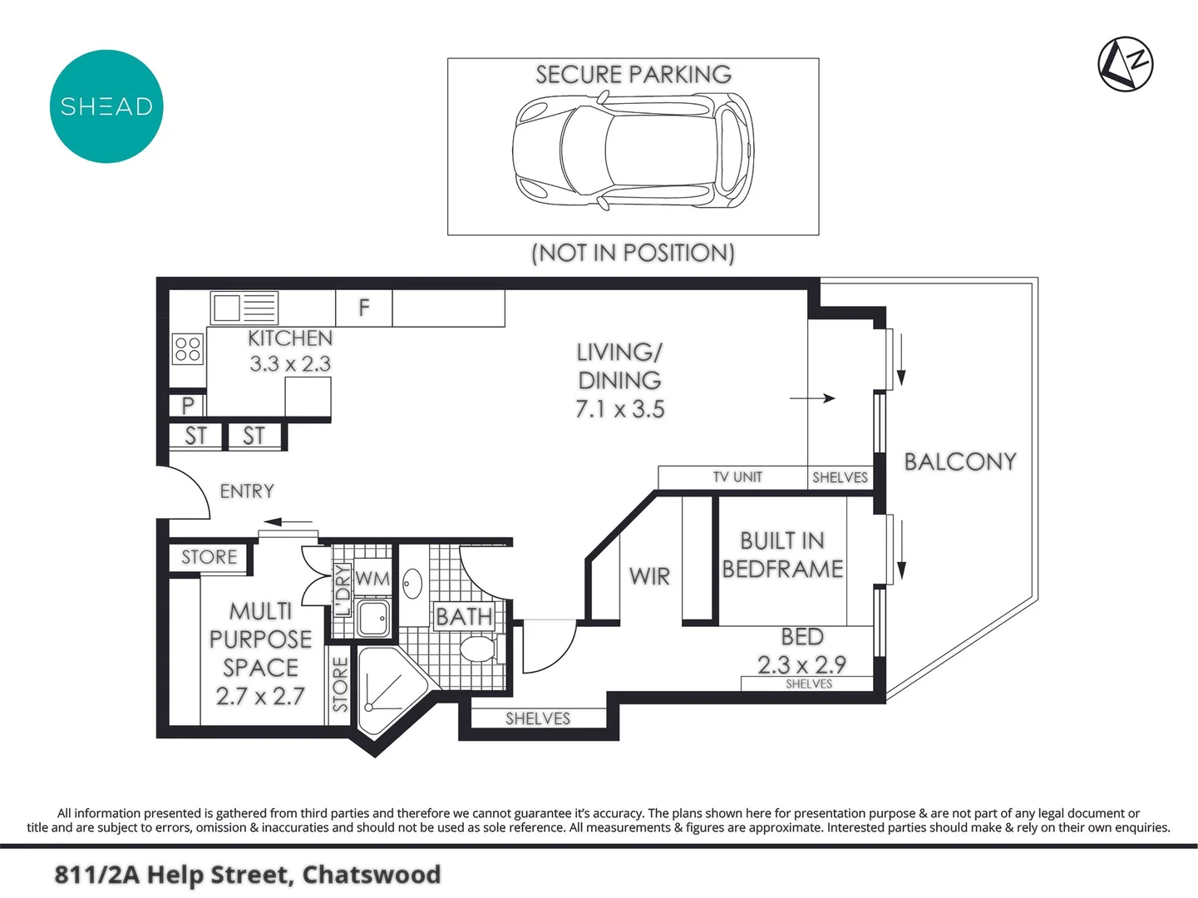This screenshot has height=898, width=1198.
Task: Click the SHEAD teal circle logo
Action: [x=106, y=106]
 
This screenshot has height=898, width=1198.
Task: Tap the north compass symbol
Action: [x=1125, y=64]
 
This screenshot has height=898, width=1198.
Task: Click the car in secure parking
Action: [x=633, y=150]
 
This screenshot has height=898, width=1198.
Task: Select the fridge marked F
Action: [x=363, y=308]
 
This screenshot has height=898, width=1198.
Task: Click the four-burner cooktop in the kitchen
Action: [x=188, y=349]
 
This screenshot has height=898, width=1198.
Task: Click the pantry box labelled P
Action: [x=188, y=405]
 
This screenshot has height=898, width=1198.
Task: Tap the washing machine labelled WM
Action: [x=372, y=578]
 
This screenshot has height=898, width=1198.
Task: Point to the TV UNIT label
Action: [x=737, y=477]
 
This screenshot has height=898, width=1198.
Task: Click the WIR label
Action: [x=649, y=576]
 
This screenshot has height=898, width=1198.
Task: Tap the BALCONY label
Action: [x=959, y=461]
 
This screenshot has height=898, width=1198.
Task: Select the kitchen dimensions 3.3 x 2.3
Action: [x=290, y=364]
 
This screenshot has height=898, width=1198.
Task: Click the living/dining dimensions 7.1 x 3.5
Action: [x=619, y=409]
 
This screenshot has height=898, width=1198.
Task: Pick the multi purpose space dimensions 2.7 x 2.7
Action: [x=260, y=696]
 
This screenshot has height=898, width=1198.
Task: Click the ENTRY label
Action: [x=246, y=491]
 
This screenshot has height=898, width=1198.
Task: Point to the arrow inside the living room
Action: [x=812, y=398]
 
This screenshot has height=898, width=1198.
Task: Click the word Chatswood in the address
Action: [x=371, y=875]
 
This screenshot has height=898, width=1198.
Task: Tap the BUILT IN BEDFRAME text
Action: [x=781, y=555]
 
